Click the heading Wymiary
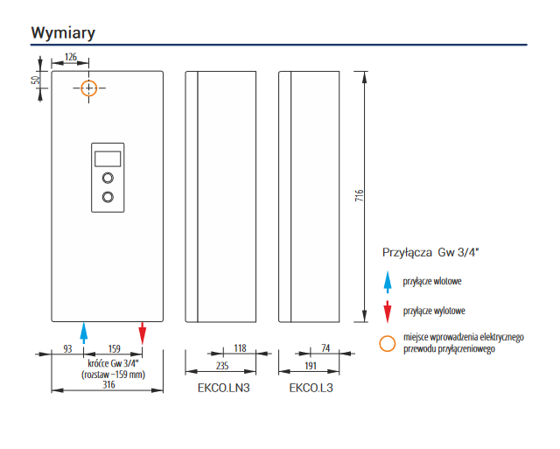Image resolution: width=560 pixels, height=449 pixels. click(x=63, y=32)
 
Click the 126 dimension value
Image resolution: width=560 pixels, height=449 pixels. click(x=72, y=57)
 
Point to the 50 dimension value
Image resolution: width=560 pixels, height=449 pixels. click(x=36, y=80)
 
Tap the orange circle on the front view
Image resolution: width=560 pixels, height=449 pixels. click(x=89, y=88)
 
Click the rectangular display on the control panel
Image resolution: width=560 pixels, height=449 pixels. click(x=108, y=158)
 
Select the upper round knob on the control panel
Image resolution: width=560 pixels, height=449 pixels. click(x=108, y=178)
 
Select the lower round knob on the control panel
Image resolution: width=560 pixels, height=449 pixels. click(x=108, y=197)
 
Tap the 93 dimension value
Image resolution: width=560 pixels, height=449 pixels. click(x=67, y=348)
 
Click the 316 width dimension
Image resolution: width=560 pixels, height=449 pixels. click(x=108, y=384)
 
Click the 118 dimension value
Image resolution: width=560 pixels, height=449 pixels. click(x=238, y=348)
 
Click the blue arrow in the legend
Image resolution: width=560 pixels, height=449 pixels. click(x=388, y=282)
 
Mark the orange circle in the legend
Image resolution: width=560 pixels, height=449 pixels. click(x=388, y=342)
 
